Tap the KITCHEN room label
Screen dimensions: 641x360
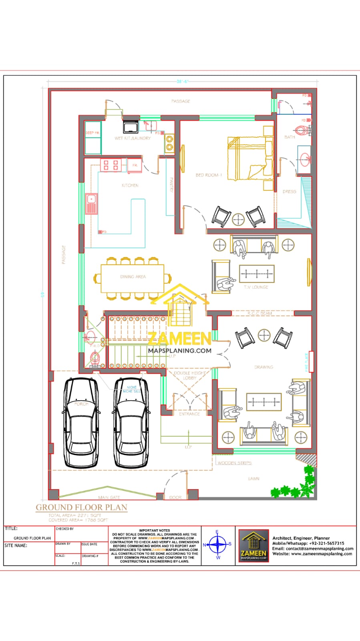click(x=130, y=185)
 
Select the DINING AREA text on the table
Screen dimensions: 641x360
click(x=133, y=277)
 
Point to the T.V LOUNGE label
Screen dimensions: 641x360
click(x=256, y=287)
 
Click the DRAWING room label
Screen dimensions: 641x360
click(x=263, y=367)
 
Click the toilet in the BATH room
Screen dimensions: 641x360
click(x=302, y=130)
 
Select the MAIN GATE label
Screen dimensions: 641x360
click(x=109, y=497)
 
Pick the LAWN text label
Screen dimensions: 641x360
click(x=253, y=479)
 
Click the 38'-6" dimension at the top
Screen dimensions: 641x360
click(x=182, y=81)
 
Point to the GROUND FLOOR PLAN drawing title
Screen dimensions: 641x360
click(x=82, y=507)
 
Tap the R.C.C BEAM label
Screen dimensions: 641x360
click(x=259, y=313)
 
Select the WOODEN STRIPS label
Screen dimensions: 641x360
click(x=234, y=463)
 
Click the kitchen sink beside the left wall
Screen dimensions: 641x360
click(x=91, y=204)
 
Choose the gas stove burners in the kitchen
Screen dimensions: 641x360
click(x=111, y=165)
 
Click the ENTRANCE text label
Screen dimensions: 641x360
click(x=189, y=414)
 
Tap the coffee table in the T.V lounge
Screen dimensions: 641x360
click(x=257, y=274)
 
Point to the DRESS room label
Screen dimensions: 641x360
click(x=289, y=191)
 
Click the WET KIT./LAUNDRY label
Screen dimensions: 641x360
click(x=133, y=138)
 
